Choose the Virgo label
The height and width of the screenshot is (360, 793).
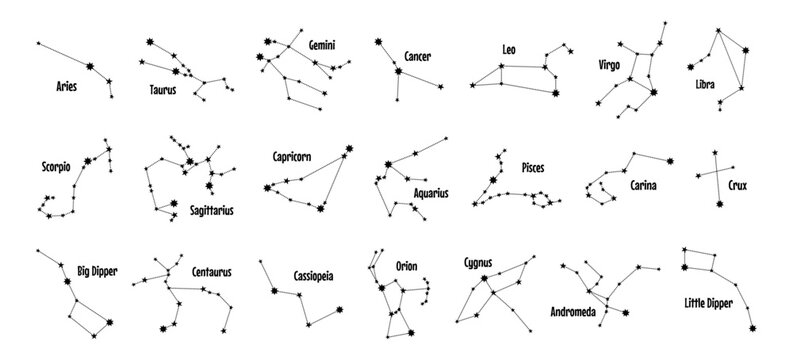click(609, 64)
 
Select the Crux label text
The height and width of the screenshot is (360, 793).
click(740, 185)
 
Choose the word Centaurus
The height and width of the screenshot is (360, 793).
click(216, 270)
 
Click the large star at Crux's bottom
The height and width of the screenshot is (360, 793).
click(718, 206)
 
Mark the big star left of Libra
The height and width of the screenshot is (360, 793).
click(690, 66)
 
